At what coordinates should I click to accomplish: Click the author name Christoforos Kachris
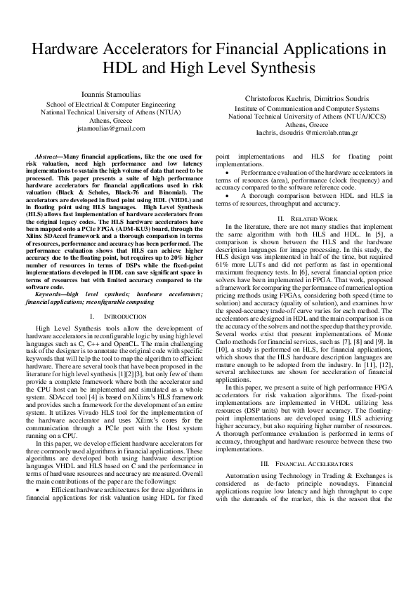click(279, 99)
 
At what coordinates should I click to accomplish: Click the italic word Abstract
click(47, 155)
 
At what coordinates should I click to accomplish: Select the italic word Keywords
click(50, 293)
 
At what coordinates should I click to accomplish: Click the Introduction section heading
click(111, 317)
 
